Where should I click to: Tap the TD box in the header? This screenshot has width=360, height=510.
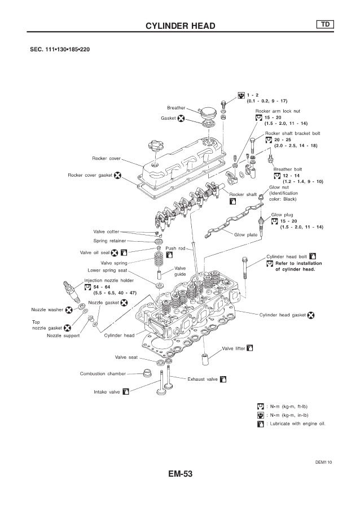point(326,24)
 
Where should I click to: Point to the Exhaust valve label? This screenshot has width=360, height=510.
point(203,379)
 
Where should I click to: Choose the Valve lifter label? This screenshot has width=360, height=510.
point(234,348)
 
